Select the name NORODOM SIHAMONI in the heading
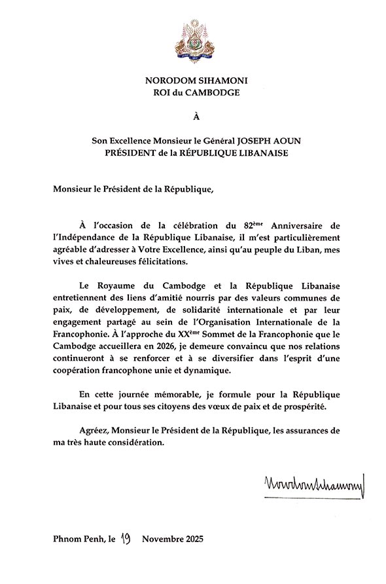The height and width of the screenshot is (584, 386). tap(192, 81)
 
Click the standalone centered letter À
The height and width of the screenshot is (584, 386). tap(192, 118)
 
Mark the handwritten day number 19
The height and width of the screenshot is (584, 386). tap(126, 539)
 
